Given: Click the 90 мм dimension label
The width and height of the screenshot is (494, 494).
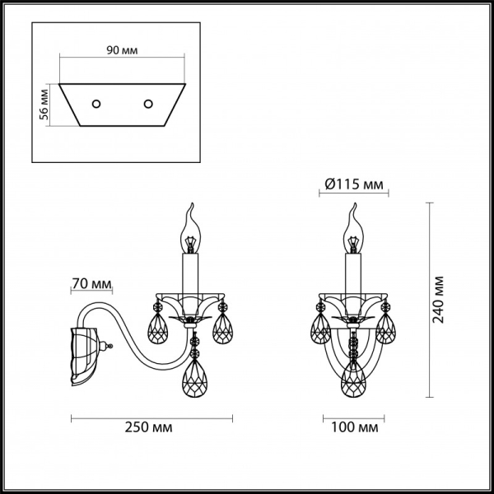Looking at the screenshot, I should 123,50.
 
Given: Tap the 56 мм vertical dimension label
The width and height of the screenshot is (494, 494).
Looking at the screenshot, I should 46,105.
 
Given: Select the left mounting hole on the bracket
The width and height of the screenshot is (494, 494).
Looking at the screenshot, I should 96,104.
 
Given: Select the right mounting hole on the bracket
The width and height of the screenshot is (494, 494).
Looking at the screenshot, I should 149,104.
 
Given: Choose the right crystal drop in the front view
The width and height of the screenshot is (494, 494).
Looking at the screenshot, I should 384,329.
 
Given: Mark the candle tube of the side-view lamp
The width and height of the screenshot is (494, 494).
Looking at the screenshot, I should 192,275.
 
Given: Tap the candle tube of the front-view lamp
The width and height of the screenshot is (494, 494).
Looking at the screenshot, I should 354,275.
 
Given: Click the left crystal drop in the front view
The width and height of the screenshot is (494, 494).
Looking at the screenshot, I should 321,329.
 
